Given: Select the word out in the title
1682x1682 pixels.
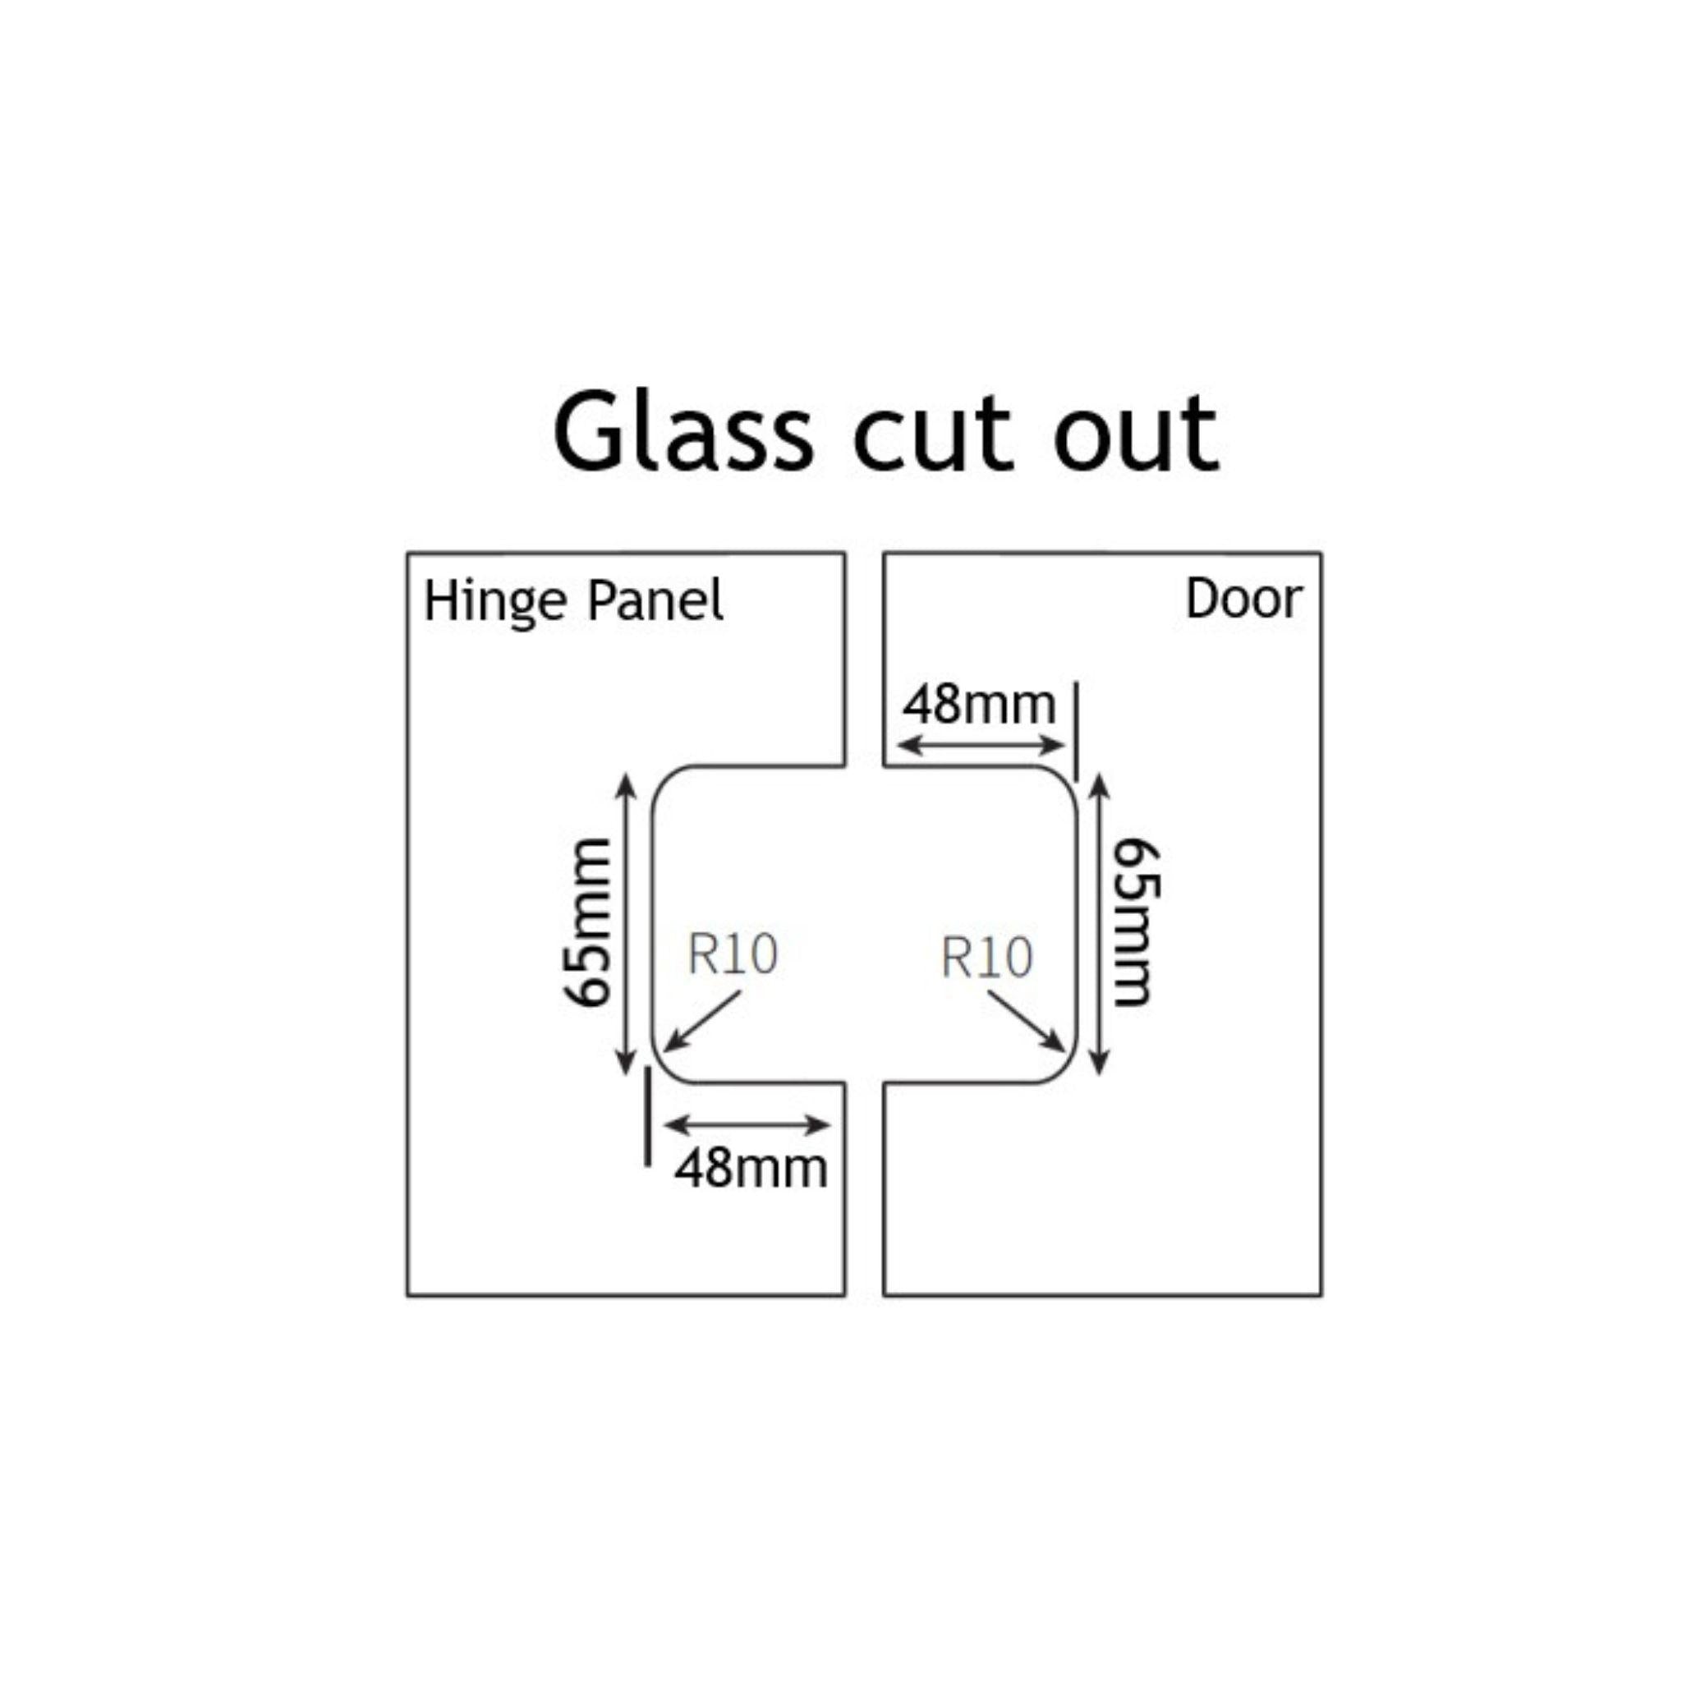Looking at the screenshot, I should tap(1135, 433).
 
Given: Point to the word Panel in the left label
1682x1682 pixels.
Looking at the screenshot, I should tap(655, 600).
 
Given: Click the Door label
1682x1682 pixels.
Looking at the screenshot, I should tap(1243, 599).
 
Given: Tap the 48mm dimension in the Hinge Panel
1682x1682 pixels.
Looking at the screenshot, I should tap(751, 1168).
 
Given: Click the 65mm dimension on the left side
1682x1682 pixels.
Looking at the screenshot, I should tap(589, 922).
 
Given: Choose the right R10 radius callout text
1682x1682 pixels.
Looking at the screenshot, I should tap(986, 957).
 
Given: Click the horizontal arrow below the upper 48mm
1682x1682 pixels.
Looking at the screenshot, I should tap(981, 745).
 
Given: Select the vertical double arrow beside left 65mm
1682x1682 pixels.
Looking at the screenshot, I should tap(625, 924).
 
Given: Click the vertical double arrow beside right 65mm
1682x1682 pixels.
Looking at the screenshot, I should tap(1099, 924).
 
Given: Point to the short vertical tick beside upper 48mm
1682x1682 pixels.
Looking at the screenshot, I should tap(1076, 731).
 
